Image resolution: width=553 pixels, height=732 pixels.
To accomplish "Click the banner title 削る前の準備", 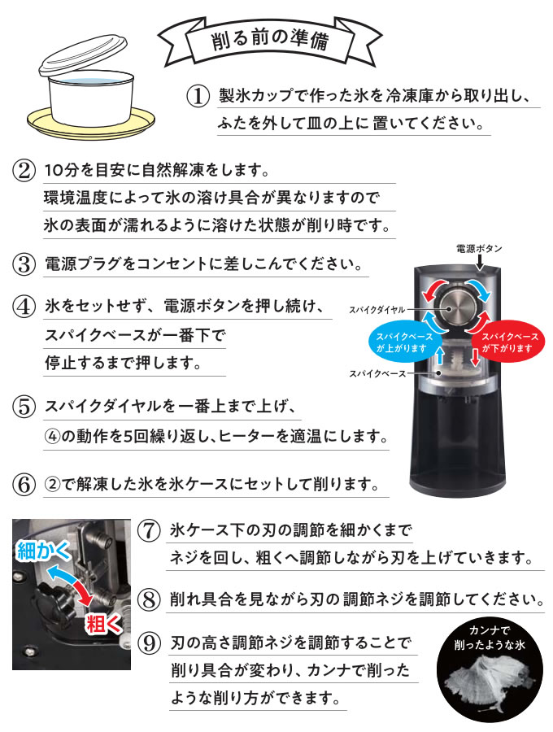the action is [270, 40].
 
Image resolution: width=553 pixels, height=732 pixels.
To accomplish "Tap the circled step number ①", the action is [198, 96].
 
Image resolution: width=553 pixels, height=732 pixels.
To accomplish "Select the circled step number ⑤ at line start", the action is [24, 407].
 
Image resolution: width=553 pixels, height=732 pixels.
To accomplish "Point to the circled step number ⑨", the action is [150, 643].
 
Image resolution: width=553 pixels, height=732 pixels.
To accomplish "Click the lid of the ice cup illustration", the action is [83, 55].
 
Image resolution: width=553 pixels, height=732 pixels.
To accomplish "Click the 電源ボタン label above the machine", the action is [479, 248].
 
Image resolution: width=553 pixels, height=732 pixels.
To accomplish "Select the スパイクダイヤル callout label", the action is [377, 310].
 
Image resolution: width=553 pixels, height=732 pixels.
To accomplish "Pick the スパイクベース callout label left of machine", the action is [377, 373].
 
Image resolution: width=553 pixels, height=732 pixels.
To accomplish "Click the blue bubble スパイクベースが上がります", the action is [404, 342].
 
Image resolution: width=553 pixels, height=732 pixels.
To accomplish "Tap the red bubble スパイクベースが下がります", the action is [507, 342].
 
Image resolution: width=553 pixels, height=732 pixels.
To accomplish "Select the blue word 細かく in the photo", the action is [43, 551].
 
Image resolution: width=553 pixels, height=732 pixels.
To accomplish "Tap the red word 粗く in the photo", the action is [102, 624].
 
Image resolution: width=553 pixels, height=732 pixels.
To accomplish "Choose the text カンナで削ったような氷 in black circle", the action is [490, 637].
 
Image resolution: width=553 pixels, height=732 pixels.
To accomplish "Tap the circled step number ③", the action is [24, 264].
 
